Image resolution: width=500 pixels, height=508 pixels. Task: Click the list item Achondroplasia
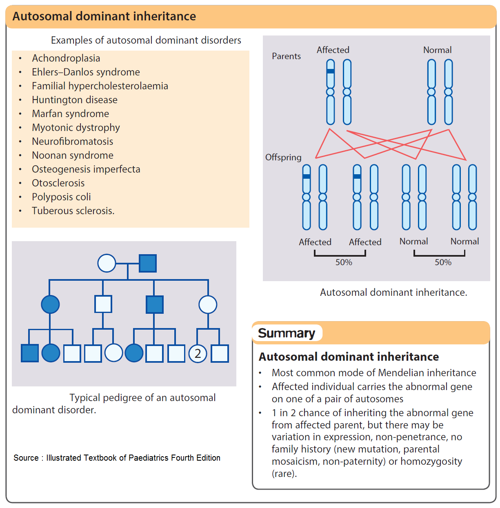click(x=66, y=58)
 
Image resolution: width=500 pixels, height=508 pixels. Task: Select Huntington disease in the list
click(x=74, y=100)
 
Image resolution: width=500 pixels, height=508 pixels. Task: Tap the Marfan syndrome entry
click(x=70, y=114)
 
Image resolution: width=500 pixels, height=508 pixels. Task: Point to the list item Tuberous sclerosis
click(x=73, y=211)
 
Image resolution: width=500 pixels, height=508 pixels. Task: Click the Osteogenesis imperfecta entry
click(x=86, y=169)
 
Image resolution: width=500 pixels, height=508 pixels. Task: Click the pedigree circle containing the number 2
click(x=198, y=353)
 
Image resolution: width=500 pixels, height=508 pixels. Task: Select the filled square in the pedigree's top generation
click(x=148, y=263)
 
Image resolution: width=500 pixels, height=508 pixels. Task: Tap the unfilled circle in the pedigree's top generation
click(x=107, y=263)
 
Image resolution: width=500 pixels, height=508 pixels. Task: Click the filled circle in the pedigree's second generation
click(x=50, y=304)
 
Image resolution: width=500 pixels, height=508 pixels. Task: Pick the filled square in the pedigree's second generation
click(x=155, y=304)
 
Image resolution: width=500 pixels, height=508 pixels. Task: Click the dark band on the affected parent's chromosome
click(x=331, y=71)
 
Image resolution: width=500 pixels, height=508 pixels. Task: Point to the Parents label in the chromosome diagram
click(x=286, y=56)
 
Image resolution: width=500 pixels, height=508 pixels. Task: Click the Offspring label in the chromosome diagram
click(x=283, y=158)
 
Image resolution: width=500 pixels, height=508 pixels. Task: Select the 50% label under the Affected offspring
click(x=344, y=262)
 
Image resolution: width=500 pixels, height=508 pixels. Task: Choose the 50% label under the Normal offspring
click(x=443, y=262)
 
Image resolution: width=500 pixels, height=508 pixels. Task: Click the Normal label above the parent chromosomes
click(x=437, y=50)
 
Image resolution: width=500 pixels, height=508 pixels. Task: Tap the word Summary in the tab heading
click(x=287, y=333)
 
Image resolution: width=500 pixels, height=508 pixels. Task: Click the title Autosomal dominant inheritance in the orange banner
click(x=104, y=16)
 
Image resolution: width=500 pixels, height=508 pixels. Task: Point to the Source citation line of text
click(x=117, y=458)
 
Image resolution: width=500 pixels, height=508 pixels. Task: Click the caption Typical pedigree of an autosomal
click(x=142, y=398)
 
